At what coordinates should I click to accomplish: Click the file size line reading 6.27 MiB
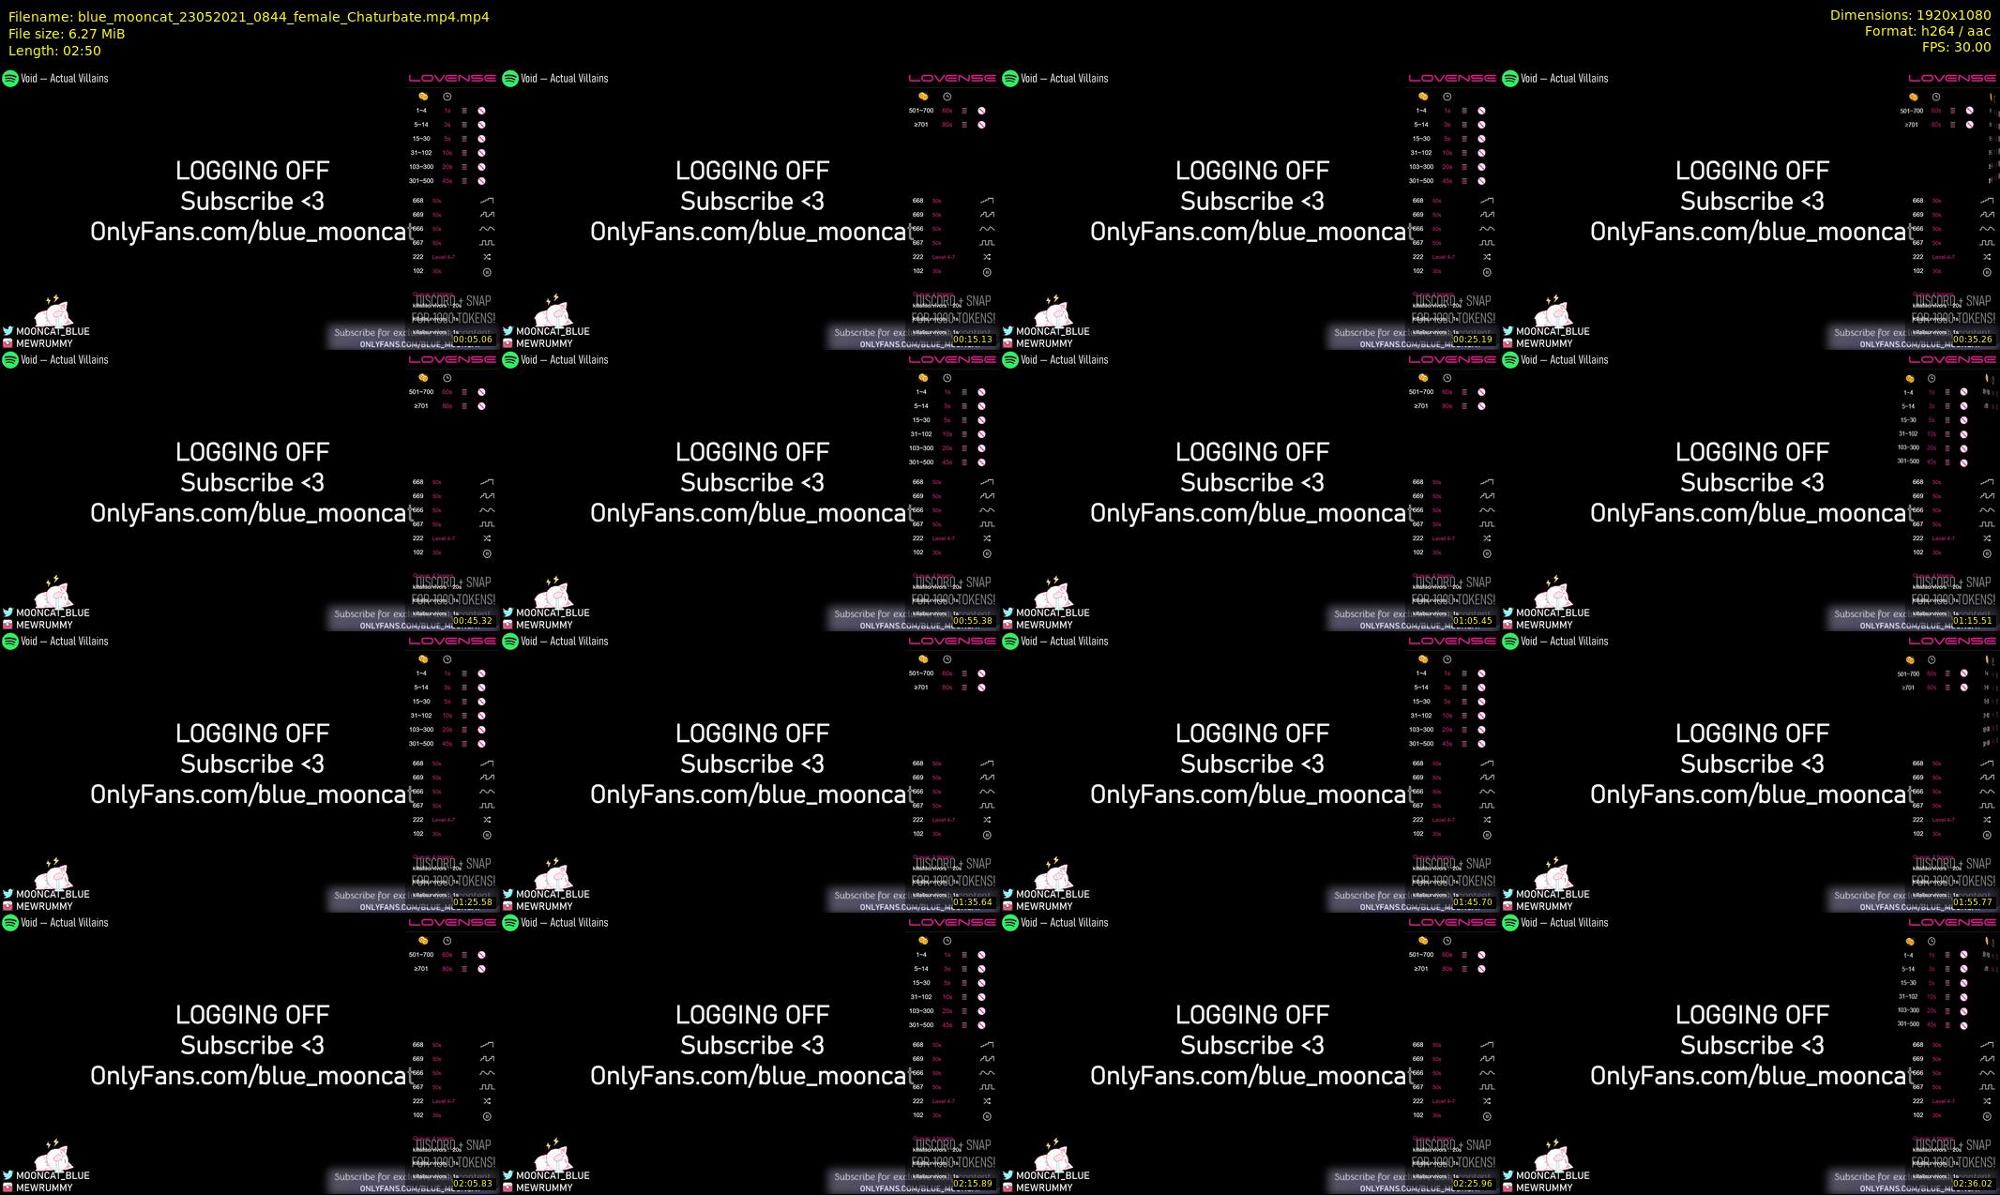67,34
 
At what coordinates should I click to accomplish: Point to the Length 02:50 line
54,51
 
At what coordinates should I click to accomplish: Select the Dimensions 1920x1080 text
1910,15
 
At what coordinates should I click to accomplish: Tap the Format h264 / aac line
1927,31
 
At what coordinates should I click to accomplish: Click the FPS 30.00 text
1956,47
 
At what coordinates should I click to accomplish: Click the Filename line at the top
249,17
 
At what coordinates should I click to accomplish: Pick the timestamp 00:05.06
473,340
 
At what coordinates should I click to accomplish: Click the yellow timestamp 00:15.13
973,340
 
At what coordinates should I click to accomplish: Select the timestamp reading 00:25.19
1473,340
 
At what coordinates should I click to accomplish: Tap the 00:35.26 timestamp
1973,340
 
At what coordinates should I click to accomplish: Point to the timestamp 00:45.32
473,621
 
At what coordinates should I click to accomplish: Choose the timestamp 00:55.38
973,621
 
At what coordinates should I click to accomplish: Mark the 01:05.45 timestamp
1473,621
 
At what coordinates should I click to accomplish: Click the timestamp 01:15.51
1973,621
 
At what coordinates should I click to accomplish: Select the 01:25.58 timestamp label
473,902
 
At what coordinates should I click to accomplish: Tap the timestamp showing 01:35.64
973,902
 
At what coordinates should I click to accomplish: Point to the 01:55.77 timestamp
1973,902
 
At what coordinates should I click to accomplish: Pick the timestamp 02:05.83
473,1184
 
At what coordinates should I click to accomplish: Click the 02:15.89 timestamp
973,1184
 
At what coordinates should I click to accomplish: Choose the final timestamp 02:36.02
1973,1184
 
